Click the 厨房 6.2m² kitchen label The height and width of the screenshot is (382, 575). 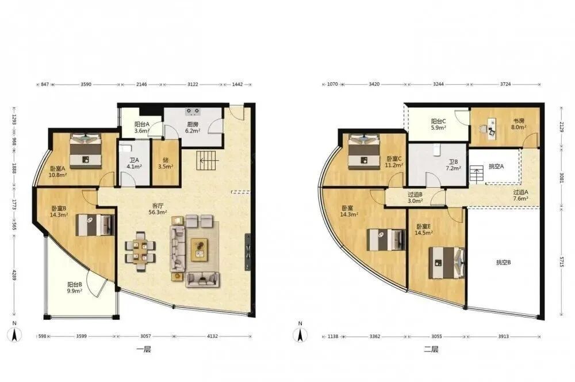point(192,127)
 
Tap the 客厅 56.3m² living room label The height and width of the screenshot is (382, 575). point(158,209)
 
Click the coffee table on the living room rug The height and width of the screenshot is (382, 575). point(200,249)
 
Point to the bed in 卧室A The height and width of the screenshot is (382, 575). point(86,150)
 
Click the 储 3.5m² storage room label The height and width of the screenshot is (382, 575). point(166,163)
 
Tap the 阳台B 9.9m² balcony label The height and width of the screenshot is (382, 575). point(75,288)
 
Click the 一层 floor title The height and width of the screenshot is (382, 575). point(144,349)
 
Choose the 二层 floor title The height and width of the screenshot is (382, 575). point(431,349)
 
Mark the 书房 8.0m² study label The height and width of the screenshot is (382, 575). point(519,124)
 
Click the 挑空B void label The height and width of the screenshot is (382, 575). point(504,262)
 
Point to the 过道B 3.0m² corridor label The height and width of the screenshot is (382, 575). point(416,198)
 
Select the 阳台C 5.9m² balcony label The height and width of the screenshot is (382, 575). point(438,124)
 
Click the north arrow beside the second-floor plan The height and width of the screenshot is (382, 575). point(300,335)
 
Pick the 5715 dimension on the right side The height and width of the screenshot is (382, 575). point(561,261)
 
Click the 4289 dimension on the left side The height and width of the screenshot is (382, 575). point(14,275)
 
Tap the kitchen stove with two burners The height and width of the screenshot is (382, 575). point(193,110)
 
